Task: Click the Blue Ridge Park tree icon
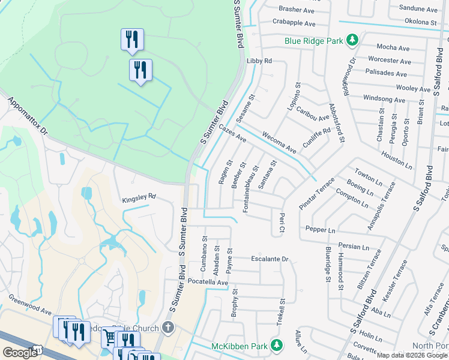(x=352, y=40)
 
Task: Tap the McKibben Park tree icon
(x=276, y=346)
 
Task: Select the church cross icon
(x=169, y=328)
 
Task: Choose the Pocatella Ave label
(x=208, y=281)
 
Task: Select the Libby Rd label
(x=259, y=61)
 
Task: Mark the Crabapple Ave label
(x=294, y=23)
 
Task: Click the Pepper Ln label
(x=320, y=230)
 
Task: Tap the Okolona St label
(x=420, y=22)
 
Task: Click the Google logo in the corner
(x=20, y=352)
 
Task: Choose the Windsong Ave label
(x=385, y=98)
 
